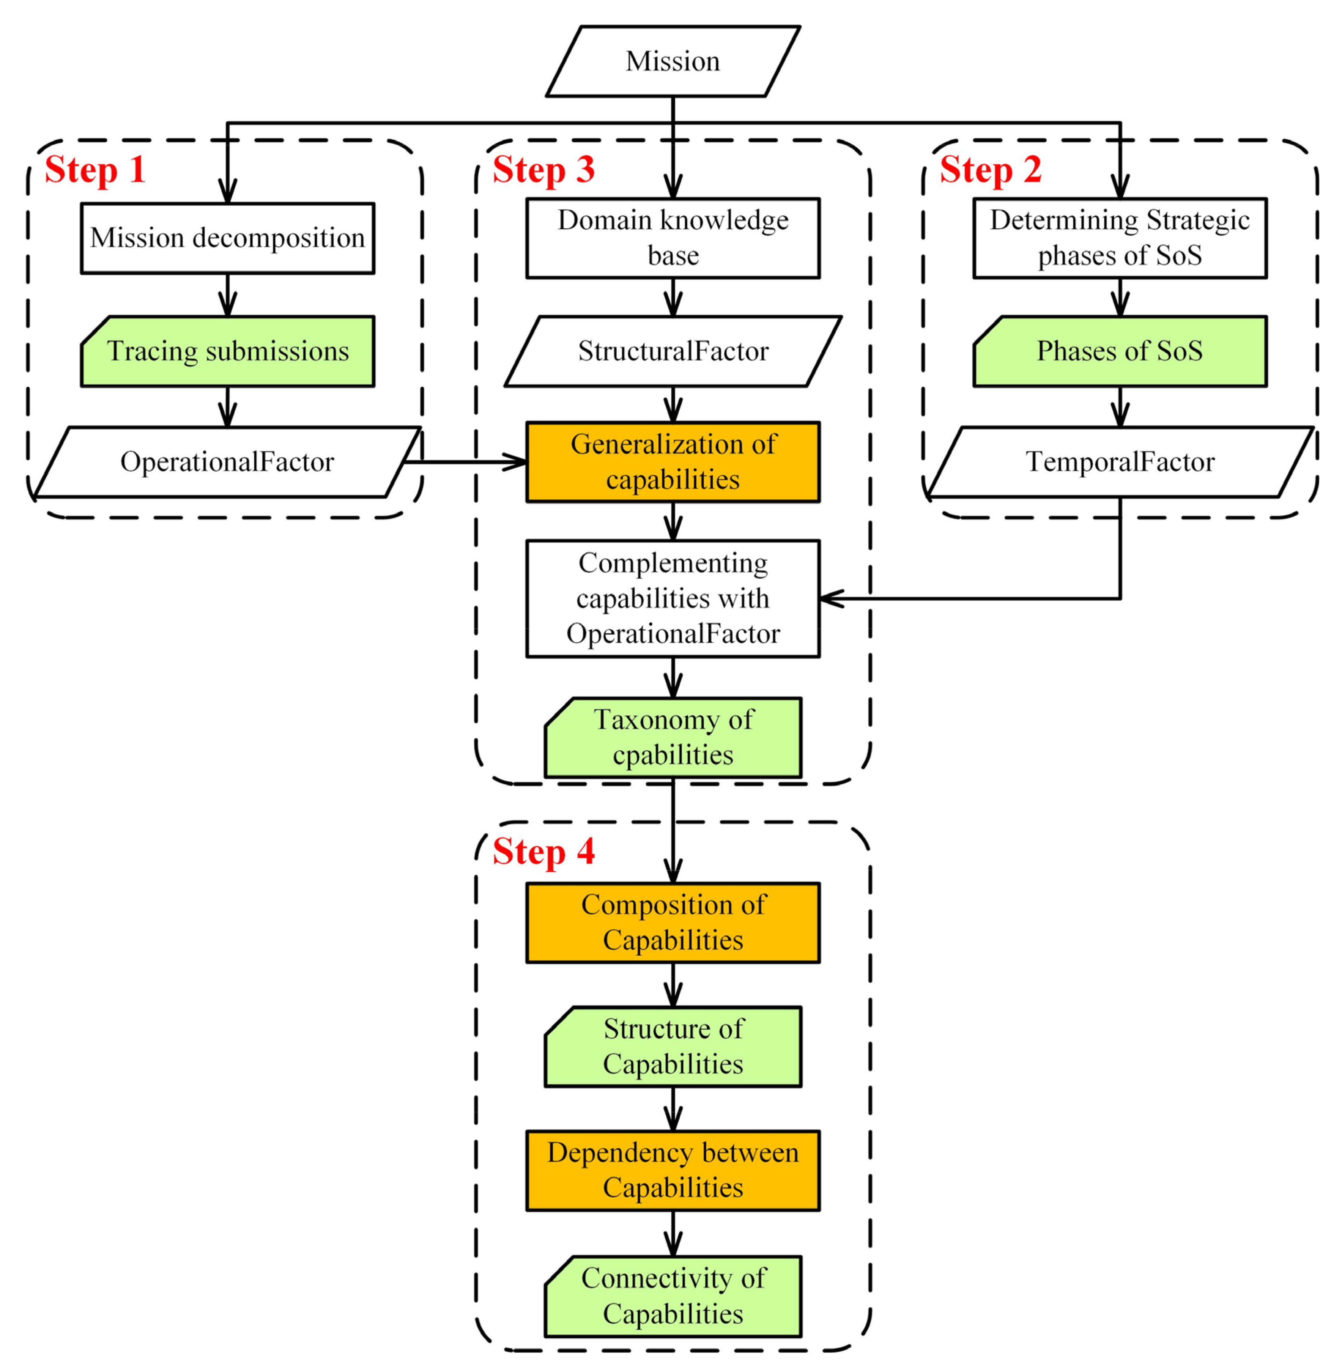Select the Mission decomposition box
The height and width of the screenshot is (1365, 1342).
pos(227,238)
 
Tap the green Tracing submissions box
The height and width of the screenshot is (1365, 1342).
pos(227,351)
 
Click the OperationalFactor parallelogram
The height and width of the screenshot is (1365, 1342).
pos(227,461)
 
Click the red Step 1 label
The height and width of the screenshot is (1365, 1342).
pos(95,170)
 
